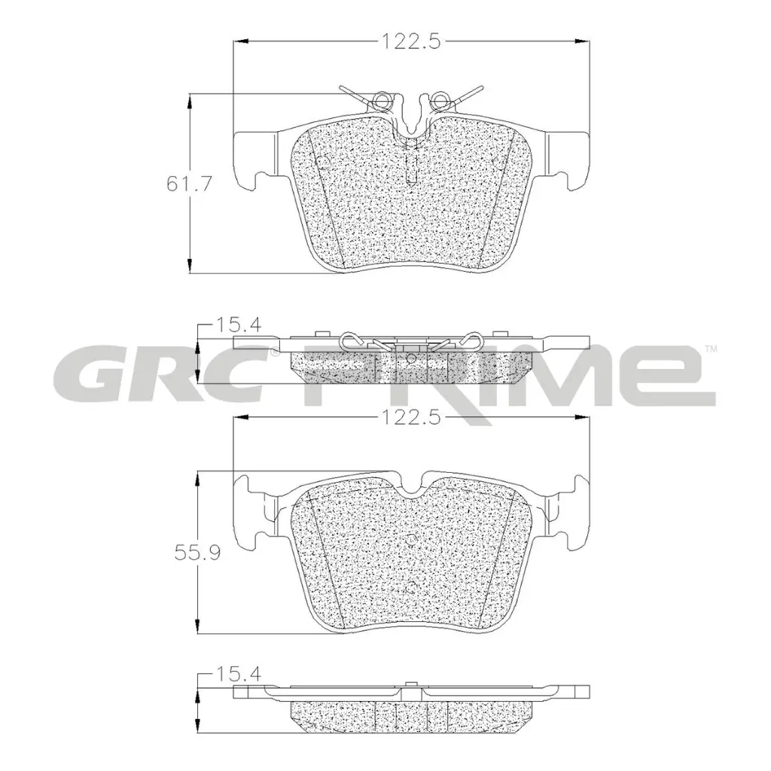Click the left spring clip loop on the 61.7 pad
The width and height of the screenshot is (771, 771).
(x=383, y=98)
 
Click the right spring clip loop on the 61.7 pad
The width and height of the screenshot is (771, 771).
(x=440, y=98)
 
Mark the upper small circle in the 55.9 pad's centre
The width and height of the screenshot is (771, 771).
(x=411, y=539)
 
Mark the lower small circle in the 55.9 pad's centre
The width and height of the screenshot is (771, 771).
(x=411, y=588)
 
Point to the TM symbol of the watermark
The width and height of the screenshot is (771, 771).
(x=709, y=349)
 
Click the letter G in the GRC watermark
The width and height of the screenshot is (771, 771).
(x=88, y=373)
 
